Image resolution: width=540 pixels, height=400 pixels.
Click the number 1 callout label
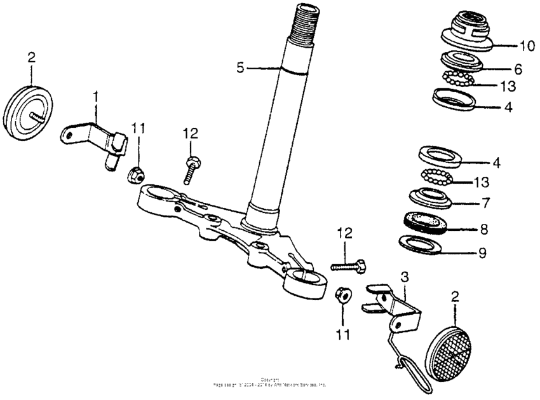pos(96,97)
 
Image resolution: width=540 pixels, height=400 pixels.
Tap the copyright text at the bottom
pos(270,383)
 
